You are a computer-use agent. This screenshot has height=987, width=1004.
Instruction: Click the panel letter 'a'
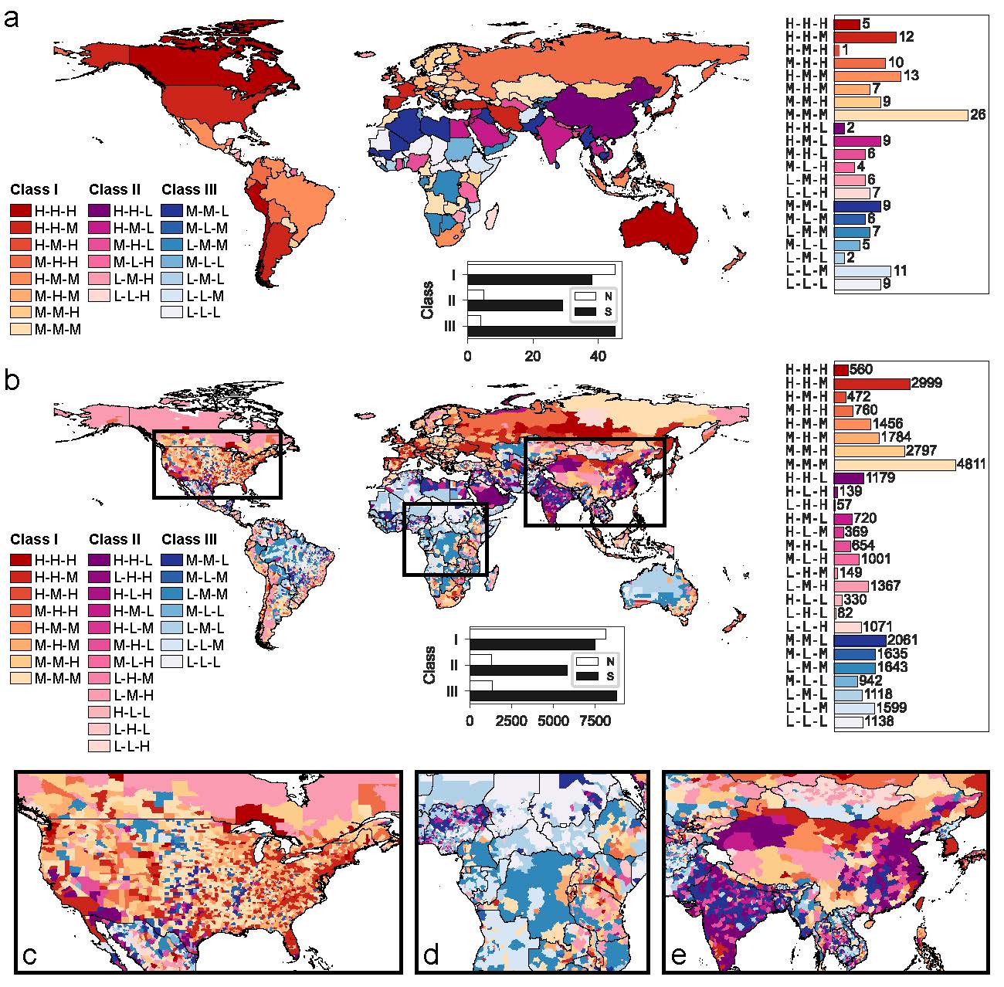[12, 18]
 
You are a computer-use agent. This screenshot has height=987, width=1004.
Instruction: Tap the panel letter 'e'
[679, 956]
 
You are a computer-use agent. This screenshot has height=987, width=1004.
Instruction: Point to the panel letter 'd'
[431, 956]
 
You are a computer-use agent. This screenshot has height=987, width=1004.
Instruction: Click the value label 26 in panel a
[978, 115]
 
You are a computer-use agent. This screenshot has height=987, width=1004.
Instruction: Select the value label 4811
[972, 465]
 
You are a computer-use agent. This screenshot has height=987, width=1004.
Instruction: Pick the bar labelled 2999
[872, 384]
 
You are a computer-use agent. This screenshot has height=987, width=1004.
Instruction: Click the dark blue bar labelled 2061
[860, 640]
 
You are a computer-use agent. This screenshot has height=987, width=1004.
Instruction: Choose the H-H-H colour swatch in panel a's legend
[21, 211]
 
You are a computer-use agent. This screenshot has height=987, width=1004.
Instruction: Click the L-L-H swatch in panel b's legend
[100, 746]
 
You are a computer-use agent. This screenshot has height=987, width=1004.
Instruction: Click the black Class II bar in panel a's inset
[515, 305]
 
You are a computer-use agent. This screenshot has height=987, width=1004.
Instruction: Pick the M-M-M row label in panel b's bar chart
[806, 465]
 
